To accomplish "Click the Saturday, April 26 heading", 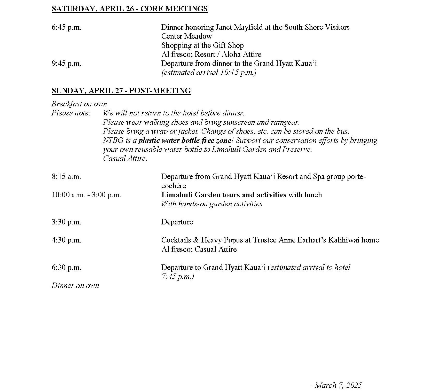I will pos(129,9).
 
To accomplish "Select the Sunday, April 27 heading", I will pos(121,91).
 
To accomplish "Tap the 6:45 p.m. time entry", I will pos(66,27).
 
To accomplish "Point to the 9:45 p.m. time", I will pos(66,64).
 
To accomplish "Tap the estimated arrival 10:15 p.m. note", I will pos(209,73).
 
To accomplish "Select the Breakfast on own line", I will pos(79,104).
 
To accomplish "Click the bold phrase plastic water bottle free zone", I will pos(185,140).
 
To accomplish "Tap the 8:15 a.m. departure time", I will pos(66,177).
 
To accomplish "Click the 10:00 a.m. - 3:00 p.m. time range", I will pos(87,195).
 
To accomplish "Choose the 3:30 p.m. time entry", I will pos(66,222).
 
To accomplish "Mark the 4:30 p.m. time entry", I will pos(66,240).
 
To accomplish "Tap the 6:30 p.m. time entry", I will pos(66,267).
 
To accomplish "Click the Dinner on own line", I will pos(75,285).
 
